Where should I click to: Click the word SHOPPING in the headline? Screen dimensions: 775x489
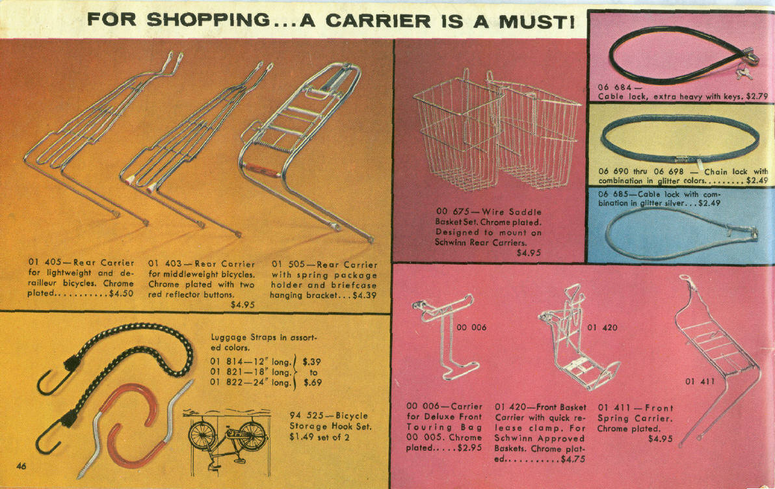click(209, 20)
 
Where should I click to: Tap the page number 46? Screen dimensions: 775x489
click(21, 466)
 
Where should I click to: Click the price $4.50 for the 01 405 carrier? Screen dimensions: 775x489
click(121, 293)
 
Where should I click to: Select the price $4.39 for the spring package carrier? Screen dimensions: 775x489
click(365, 295)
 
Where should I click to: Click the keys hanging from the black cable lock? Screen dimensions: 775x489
click(743, 73)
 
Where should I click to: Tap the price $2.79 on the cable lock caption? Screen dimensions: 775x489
click(757, 96)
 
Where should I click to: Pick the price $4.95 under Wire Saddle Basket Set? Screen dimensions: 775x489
click(529, 253)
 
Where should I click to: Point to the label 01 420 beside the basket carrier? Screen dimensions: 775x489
click(603, 327)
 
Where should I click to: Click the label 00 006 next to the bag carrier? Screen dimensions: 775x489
click(471, 327)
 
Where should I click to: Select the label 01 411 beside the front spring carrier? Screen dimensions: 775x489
click(700, 381)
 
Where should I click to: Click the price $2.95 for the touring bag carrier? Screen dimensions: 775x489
click(469, 448)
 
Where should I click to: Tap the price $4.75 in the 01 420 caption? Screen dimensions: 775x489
click(573, 459)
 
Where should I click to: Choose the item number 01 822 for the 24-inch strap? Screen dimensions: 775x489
click(226, 382)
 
